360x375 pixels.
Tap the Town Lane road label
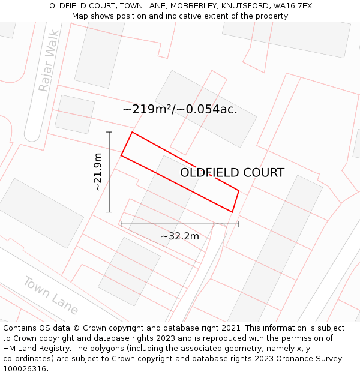(x=51, y=295)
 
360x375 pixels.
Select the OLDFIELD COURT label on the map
(x=232, y=173)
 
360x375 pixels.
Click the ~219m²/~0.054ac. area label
(x=180, y=109)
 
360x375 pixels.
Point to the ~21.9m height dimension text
(x=98, y=172)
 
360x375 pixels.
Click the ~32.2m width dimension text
(x=179, y=236)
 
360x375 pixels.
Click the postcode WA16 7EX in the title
(x=292, y=6)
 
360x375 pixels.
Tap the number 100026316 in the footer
(x=26, y=369)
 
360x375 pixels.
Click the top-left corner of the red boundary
(x=132, y=132)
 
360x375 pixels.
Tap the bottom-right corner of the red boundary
(x=232, y=212)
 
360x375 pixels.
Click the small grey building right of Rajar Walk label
(x=75, y=114)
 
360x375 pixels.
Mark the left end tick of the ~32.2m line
(x=121, y=224)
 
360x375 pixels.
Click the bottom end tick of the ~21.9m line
(x=109, y=212)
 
